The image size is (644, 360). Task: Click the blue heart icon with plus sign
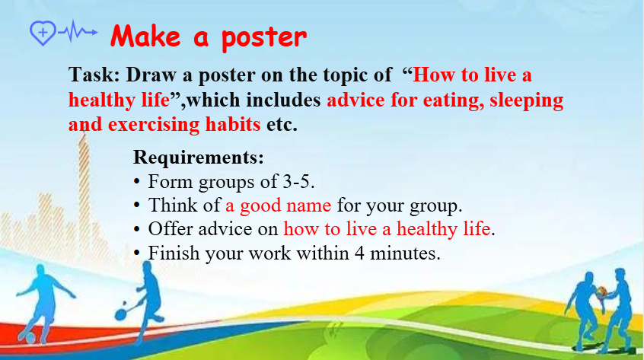43,33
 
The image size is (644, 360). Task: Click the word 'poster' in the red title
264,38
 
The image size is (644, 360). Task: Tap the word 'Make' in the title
145,36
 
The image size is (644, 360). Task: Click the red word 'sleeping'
526,101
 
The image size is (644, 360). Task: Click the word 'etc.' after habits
282,125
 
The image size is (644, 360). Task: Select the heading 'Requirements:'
199,158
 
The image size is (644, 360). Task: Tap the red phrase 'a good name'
278,205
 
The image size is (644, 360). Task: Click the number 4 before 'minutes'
359,253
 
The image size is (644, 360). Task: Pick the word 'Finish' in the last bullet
174,253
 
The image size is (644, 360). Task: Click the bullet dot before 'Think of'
137,205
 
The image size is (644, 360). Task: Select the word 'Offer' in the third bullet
171,229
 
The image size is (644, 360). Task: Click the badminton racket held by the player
127,310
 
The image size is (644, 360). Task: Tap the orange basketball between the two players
602,292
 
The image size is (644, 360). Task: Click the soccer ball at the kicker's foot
30,338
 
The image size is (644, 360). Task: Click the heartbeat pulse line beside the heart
78,31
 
